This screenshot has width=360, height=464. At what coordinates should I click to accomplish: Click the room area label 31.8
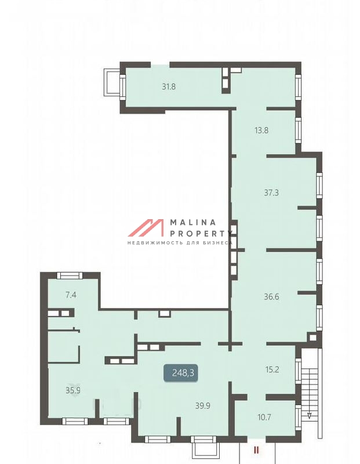click(x=169, y=86)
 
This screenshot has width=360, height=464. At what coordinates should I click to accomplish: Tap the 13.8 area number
click(x=261, y=130)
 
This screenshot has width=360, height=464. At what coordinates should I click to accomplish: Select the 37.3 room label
click(x=271, y=193)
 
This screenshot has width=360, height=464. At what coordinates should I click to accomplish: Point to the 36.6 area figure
click(x=271, y=296)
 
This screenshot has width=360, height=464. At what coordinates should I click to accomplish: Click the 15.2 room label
click(x=272, y=369)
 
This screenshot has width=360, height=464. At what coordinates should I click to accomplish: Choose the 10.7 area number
click(x=264, y=417)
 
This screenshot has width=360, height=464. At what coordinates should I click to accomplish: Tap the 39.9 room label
click(x=203, y=405)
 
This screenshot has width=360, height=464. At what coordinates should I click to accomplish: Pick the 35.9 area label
click(x=73, y=390)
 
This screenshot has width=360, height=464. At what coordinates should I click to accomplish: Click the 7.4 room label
click(x=71, y=295)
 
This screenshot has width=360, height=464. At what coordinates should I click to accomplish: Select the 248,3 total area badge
click(x=180, y=372)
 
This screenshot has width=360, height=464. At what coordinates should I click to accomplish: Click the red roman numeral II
click(x=256, y=450)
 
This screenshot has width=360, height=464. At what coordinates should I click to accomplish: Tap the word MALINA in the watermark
click(x=193, y=222)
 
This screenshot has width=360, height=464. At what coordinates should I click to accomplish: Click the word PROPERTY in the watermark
click(x=201, y=234)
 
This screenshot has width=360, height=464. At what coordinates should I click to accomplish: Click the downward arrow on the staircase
click(x=309, y=415)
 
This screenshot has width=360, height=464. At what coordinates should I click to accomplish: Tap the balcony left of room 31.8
click(x=112, y=82)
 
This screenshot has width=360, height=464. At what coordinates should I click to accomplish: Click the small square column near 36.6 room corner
click(x=312, y=338)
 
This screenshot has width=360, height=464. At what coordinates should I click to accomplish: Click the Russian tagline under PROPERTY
click(x=180, y=243)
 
